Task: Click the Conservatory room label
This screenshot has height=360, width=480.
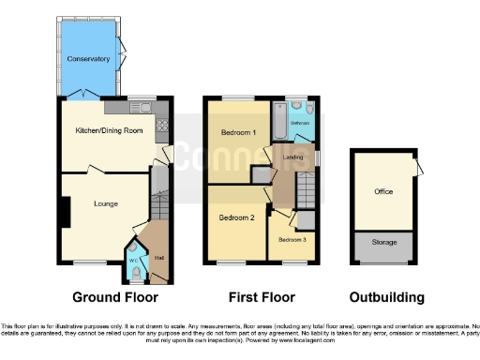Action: click(x=87, y=59)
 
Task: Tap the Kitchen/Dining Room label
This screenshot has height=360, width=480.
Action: click(x=109, y=130)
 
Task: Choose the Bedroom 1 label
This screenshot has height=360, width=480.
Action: click(x=239, y=133)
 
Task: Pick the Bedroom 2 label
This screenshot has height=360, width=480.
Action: click(x=237, y=217)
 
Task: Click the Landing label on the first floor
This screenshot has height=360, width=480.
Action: click(x=292, y=157)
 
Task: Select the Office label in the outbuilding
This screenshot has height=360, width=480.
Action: click(x=382, y=191)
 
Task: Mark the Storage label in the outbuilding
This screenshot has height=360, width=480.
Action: click(x=382, y=242)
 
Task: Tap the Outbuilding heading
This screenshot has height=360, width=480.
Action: click(x=386, y=297)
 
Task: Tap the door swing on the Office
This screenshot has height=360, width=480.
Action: click(x=417, y=168)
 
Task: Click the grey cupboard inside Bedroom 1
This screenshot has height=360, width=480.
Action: click(x=259, y=175)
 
